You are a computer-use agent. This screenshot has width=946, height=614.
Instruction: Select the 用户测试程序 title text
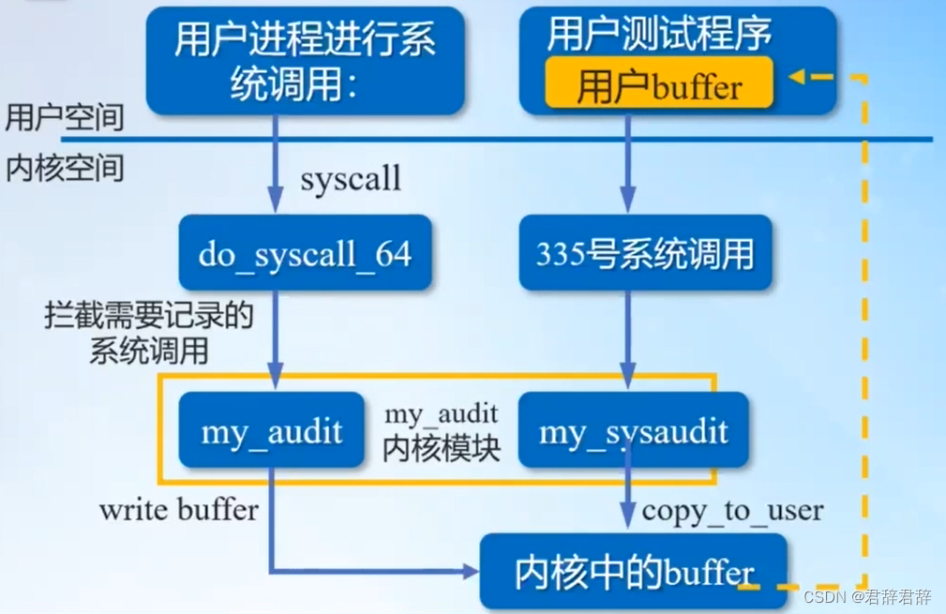click(659, 35)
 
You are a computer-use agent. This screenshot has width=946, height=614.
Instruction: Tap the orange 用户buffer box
click(659, 86)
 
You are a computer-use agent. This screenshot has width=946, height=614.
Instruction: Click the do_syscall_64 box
click(305, 253)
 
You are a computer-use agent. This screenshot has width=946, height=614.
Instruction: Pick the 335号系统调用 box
click(645, 253)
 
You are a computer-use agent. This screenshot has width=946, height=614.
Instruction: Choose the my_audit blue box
click(271, 431)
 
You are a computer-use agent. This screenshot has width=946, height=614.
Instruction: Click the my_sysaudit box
click(634, 431)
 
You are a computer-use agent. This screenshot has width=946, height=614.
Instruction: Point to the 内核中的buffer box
click(634, 572)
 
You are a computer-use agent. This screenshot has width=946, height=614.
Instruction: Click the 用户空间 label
click(64, 117)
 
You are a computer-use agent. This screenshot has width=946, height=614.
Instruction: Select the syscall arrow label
click(351, 178)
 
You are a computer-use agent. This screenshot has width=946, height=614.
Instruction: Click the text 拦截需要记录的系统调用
click(149, 333)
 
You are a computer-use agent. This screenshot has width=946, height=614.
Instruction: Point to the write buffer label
click(178, 510)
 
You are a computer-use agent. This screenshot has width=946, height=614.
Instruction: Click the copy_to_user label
click(732, 511)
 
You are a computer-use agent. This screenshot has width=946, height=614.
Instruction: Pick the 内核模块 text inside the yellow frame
click(442, 448)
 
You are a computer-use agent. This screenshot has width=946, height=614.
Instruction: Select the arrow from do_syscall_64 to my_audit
click(275, 337)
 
